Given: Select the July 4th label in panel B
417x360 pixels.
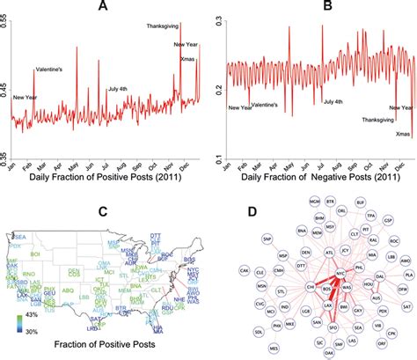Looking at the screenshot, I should [333, 103].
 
